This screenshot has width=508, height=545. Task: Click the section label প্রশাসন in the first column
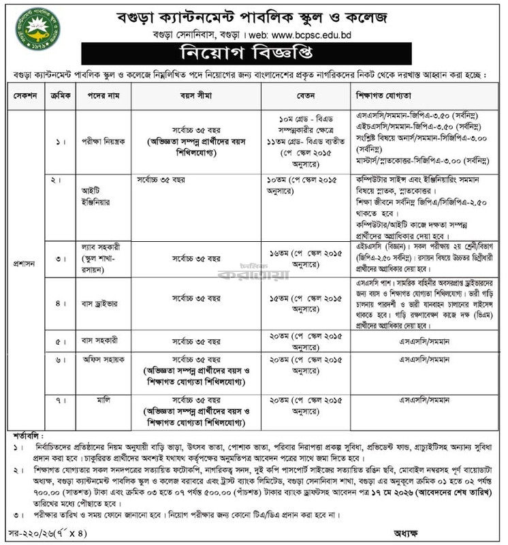click(x=25, y=261)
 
